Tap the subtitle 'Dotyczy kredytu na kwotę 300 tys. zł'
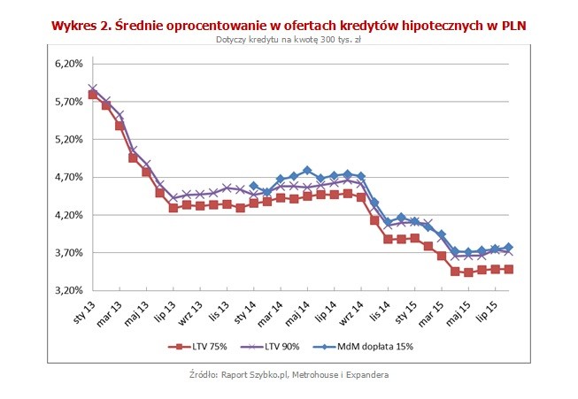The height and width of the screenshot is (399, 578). point(289,41)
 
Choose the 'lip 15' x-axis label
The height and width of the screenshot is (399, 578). point(489,311)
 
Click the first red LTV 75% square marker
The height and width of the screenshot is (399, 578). point(93,95)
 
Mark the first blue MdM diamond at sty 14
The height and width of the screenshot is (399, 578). point(253,187)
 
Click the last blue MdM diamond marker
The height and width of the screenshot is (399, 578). point(509,247)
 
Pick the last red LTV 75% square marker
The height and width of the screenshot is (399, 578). point(509,269)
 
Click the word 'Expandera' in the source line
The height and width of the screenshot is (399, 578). point(364,375)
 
